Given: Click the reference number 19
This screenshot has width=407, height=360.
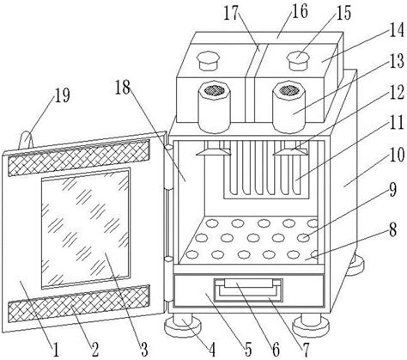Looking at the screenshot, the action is (62, 95).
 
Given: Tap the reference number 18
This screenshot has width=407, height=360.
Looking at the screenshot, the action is (123, 87).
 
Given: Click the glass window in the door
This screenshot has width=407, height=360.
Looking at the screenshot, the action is (85, 229).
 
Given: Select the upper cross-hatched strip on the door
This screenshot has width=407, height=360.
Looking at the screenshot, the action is (79, 158).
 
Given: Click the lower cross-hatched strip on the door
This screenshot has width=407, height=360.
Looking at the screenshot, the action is (79, 303).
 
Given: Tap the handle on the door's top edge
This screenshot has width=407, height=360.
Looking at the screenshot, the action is (27, 140).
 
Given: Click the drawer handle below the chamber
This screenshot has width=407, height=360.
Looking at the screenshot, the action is (248, 290).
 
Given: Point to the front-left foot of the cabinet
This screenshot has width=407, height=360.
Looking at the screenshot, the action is (183, 325).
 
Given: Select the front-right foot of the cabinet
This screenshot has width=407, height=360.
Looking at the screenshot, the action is (310, 325).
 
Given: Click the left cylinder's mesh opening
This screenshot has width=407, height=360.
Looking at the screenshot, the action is (215, 90).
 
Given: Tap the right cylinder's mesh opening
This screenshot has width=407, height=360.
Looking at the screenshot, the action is (289, 90).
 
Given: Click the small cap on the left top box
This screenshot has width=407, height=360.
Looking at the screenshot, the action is (208, 60).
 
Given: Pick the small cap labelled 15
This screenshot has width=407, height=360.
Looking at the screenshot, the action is (298, 60).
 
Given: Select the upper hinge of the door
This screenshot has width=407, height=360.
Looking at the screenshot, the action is (168, 168).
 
